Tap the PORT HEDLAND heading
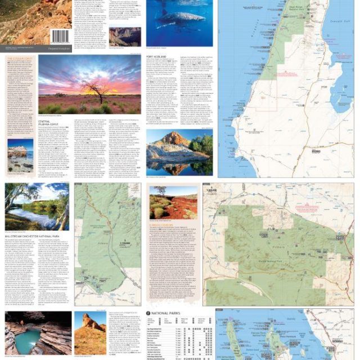point(157,57)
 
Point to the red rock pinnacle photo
point(89,332)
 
